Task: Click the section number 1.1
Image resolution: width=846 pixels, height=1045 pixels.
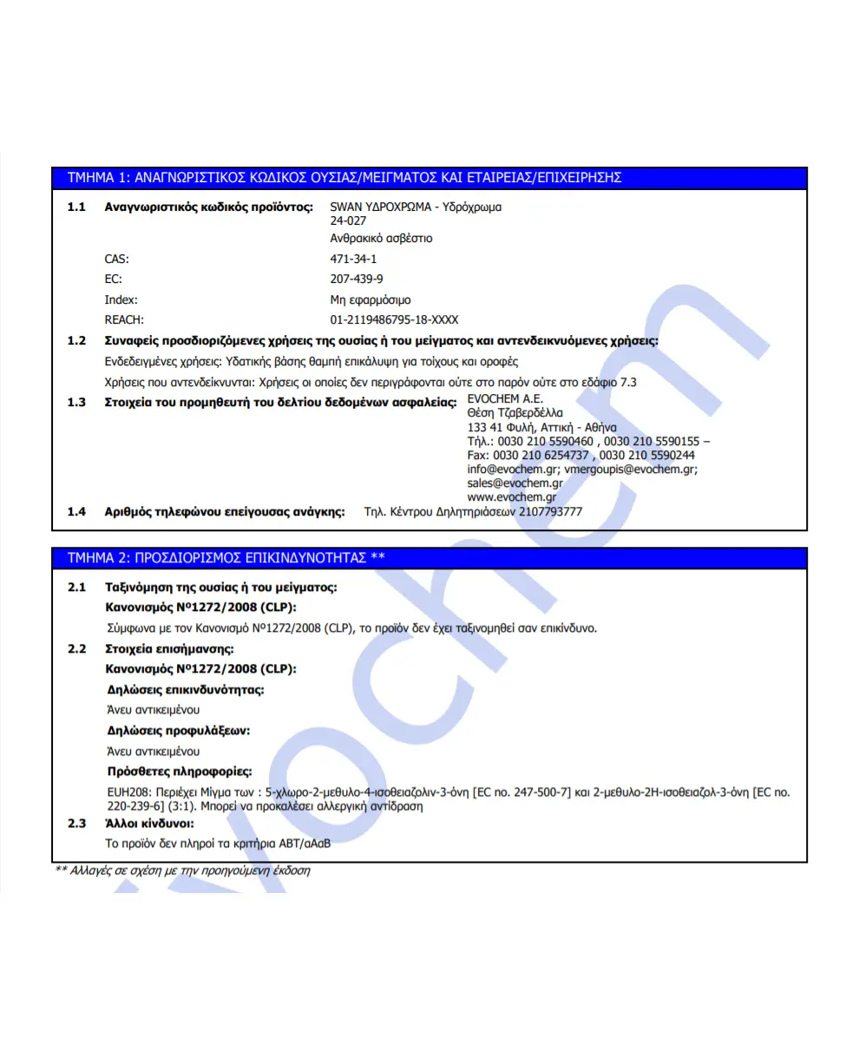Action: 76,208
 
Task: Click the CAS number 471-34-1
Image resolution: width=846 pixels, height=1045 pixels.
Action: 353,259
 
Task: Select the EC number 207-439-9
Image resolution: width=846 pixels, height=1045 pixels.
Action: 357,279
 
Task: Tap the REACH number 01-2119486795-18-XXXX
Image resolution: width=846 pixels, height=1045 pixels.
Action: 394,320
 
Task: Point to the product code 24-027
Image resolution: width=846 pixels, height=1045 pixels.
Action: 349,221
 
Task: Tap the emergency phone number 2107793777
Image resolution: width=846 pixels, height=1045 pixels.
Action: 551,512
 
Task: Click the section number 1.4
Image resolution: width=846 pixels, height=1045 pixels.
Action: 76,512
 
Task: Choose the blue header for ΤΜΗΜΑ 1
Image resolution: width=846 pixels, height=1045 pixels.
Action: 430,178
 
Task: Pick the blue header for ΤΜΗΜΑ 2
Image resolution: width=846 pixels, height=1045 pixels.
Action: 430,557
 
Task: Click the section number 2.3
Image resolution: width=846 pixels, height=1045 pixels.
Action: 76,823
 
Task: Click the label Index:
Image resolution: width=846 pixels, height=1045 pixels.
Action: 121,299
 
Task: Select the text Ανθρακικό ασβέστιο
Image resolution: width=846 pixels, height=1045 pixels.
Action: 381,238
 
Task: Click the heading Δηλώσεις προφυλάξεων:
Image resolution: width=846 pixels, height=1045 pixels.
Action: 178,731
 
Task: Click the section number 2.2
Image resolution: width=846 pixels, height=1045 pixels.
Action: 76,649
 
